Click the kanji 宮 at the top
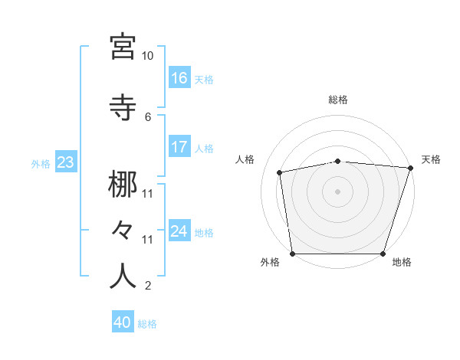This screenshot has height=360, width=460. pyautogui.click(x=123, y=47)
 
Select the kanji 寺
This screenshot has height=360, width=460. pyautogui.click(x=123, y=107)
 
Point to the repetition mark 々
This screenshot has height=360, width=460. pyautogui.click(x=123, y=230)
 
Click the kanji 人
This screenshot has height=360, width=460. pyautogui.click(x=123, y=277)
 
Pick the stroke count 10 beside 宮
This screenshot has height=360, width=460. pyautogui.click(x=147, y=56)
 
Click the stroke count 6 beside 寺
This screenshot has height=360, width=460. pyautogui.click(x=148, y=116)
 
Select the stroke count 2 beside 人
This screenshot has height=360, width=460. pyautogui.click(x=148, y=286)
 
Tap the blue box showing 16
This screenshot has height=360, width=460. pyautogui.click(x=179, y=78)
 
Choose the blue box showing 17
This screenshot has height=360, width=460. pyautogui.click(x=179, y=147)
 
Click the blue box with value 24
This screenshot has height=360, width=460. pyautogui.click(x=179, y=231)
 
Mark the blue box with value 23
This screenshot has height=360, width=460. pyautogui.click(x=65, y=162)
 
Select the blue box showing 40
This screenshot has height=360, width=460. pyautogui.click(x=123, y=323)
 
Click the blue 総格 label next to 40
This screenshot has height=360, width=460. pyautogui.click(x=147, y=324)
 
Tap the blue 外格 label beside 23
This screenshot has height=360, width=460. pyautogui.click(x=41, y=163)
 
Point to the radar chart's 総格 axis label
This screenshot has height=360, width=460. pyautogui.click(x=338, y=100)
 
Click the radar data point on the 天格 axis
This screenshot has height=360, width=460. pyautogui.click(x=411, y=168)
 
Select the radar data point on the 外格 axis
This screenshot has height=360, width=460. pyautogui.click(x=292, y=254)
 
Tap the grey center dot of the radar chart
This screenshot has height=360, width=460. pyautogui.click(x=338, y=191)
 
